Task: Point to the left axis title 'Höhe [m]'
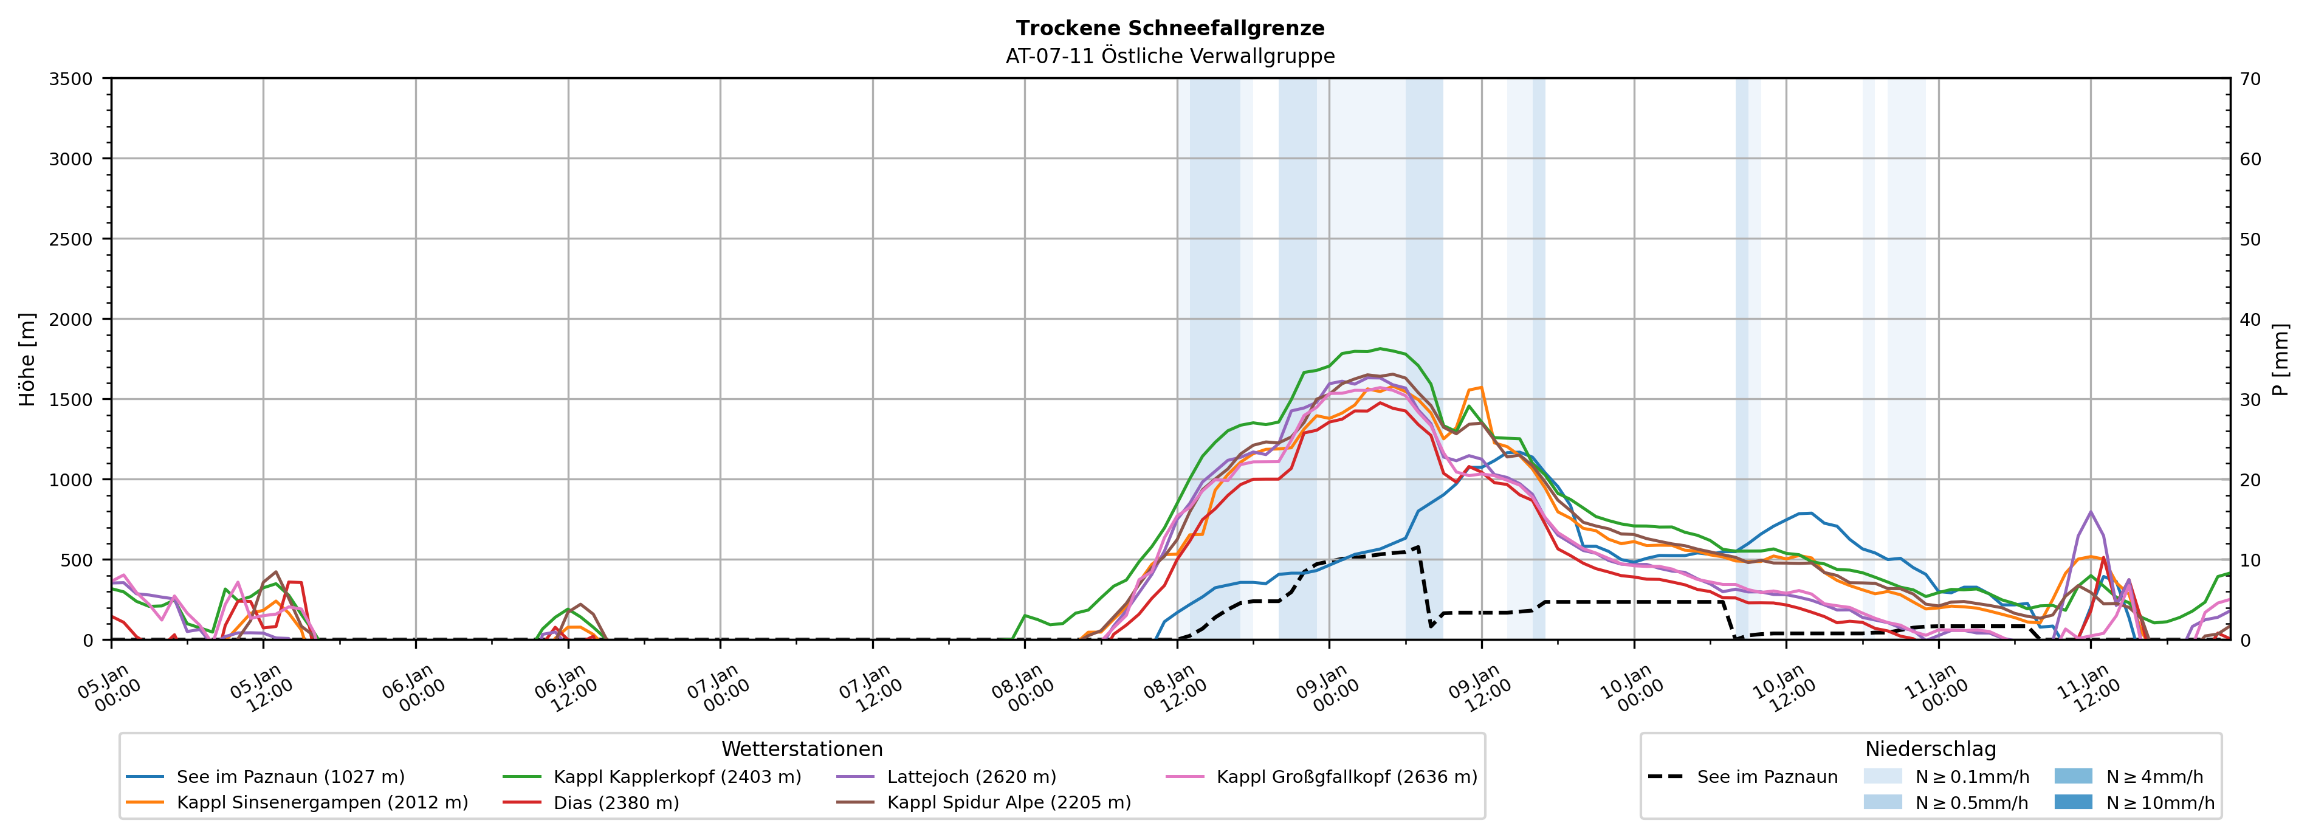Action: (x=28, y=359)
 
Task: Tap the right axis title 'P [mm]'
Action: (x=2280, y=359)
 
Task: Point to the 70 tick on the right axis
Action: (x=2250, y=79)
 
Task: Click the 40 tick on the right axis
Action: (x=2250, y=319)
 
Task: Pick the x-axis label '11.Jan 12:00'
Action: (x=2088, y=689)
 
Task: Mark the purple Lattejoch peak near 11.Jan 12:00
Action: (x=2090, y=512)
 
